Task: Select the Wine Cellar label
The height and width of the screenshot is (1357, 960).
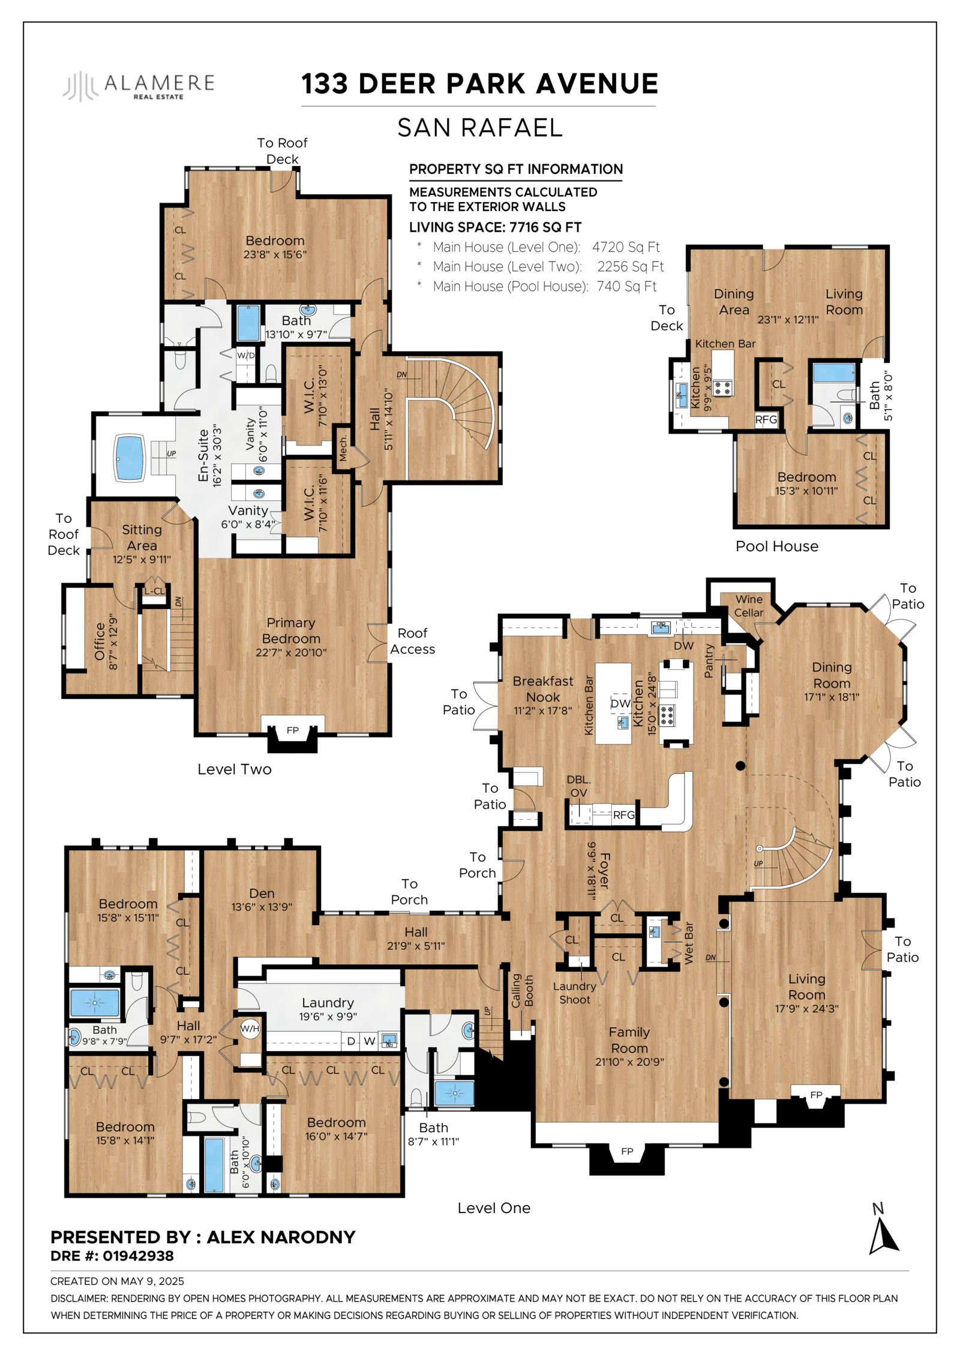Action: point(749,606)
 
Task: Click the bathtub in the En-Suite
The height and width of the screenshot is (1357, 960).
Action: point(130,458)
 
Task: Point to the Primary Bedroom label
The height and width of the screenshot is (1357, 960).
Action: point(291,630)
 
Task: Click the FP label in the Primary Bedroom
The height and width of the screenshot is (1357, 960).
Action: point(292,730)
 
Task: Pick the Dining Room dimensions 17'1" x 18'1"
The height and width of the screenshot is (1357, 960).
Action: point(832,697)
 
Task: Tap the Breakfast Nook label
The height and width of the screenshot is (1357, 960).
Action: point(543,689)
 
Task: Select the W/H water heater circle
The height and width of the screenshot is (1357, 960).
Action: point(250,1029)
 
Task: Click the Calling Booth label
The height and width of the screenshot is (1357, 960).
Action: point(522,991)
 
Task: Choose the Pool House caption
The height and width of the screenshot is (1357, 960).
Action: point(777,546)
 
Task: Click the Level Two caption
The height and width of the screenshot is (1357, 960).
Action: point(235,769)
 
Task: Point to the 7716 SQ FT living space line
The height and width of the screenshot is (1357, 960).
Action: point(495,227)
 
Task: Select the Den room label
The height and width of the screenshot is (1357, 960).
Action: point(262,893)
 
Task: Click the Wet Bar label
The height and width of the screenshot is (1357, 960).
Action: point(688,943)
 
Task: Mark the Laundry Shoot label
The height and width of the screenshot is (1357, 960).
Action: point(575,993)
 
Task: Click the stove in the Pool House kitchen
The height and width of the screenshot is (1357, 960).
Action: point(722,387)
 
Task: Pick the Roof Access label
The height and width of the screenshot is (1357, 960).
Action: point(413,641)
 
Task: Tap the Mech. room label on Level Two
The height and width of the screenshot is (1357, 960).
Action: point(343,447)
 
